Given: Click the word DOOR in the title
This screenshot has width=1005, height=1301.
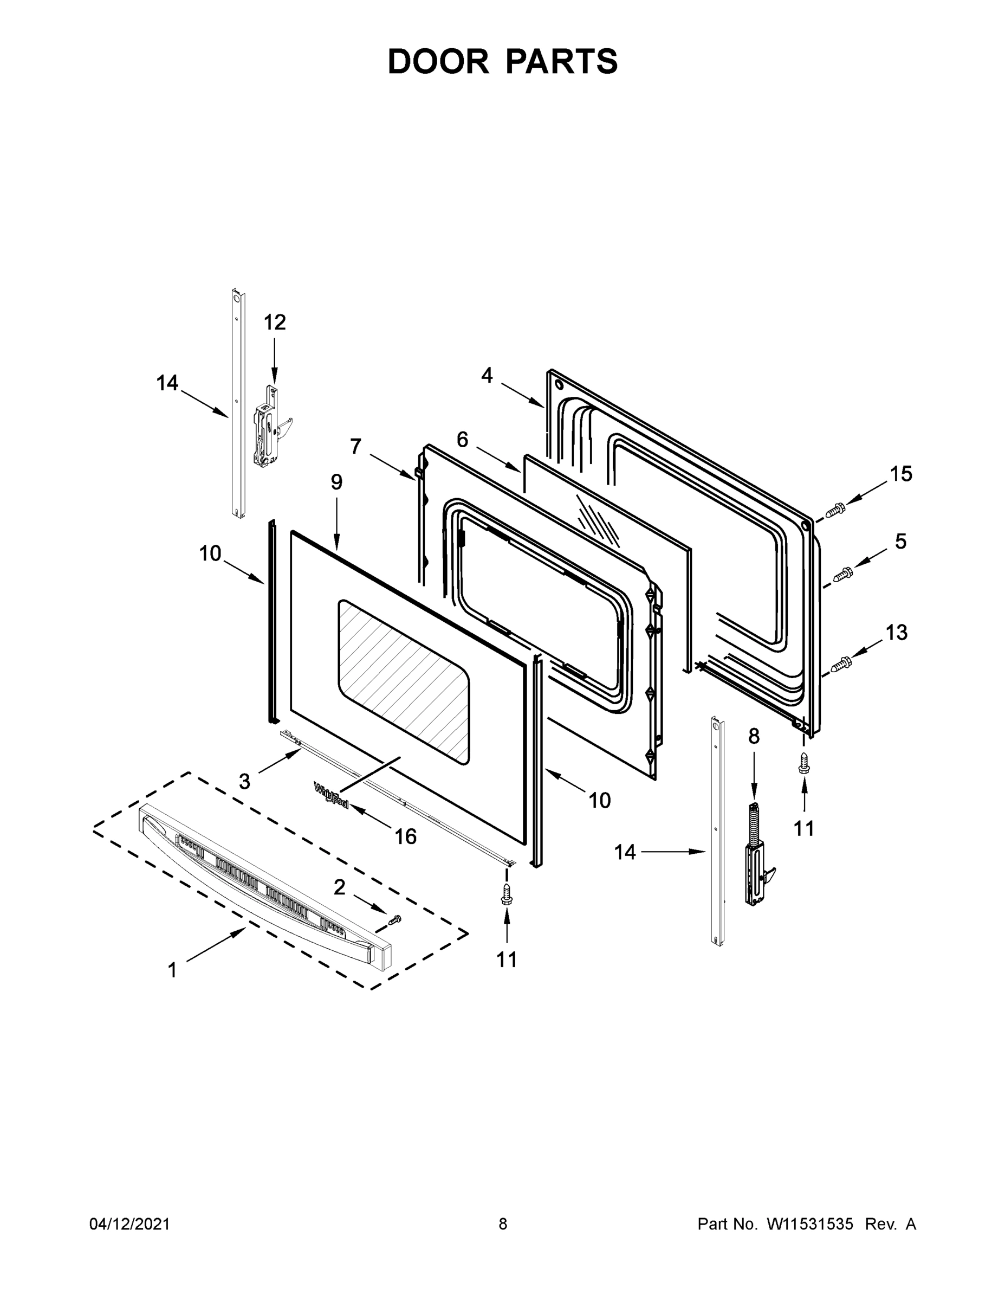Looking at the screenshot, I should (x=438, y=61).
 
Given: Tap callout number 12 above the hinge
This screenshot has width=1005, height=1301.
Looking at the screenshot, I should (x=275, y=323).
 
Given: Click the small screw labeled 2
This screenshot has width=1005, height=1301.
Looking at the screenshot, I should (x=394, y=920).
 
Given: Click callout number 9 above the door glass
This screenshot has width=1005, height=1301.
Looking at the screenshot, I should (x=336, y=482).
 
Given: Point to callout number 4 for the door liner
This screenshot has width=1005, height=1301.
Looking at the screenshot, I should (x=487, y=375).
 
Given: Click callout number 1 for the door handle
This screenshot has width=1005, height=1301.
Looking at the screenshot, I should (x=172, y=970).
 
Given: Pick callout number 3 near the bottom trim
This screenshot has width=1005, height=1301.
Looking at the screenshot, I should (x=245, y=782).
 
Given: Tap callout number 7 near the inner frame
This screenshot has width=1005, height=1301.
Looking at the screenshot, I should (x=355, y=446).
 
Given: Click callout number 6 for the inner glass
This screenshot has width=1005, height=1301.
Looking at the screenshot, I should (x=462, y=440).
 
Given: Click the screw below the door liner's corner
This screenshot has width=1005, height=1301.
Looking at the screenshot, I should (x=804, y=763).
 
